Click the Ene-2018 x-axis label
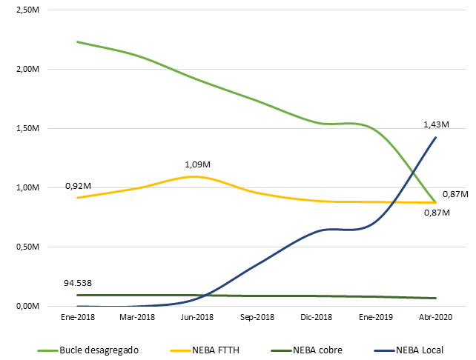coord(77,316)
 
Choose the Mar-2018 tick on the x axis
coord(137,316)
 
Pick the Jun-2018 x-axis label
coord(196,316)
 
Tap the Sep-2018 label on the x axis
coord(257,316)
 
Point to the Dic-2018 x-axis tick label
coord(317,316)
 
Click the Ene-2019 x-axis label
coord(376,316)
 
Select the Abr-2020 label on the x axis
coord(436,316)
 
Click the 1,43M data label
coord(436,124)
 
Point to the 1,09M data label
coord(196,164)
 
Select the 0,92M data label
coord(77,185)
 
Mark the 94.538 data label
coord(79,282)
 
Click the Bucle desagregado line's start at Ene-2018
coord(77,41)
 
